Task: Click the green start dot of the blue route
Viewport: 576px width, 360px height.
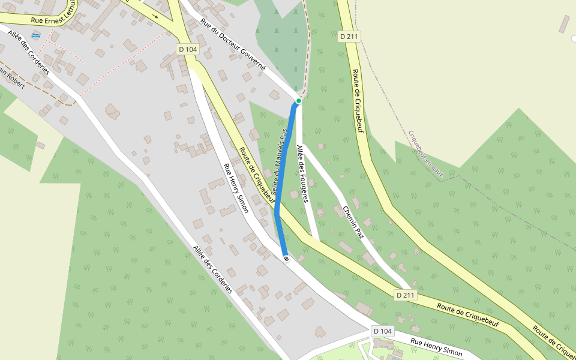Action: point(298,101)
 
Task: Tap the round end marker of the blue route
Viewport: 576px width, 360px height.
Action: point(286,259)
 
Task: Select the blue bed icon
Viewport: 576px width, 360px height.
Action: point(35,36)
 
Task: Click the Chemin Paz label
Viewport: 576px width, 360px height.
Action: point(353,221)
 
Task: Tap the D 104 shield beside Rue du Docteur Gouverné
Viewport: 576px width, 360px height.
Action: point(188,49)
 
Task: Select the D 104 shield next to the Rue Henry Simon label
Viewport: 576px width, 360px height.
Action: point(382,331)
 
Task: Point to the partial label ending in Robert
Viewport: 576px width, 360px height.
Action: point(12,78)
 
